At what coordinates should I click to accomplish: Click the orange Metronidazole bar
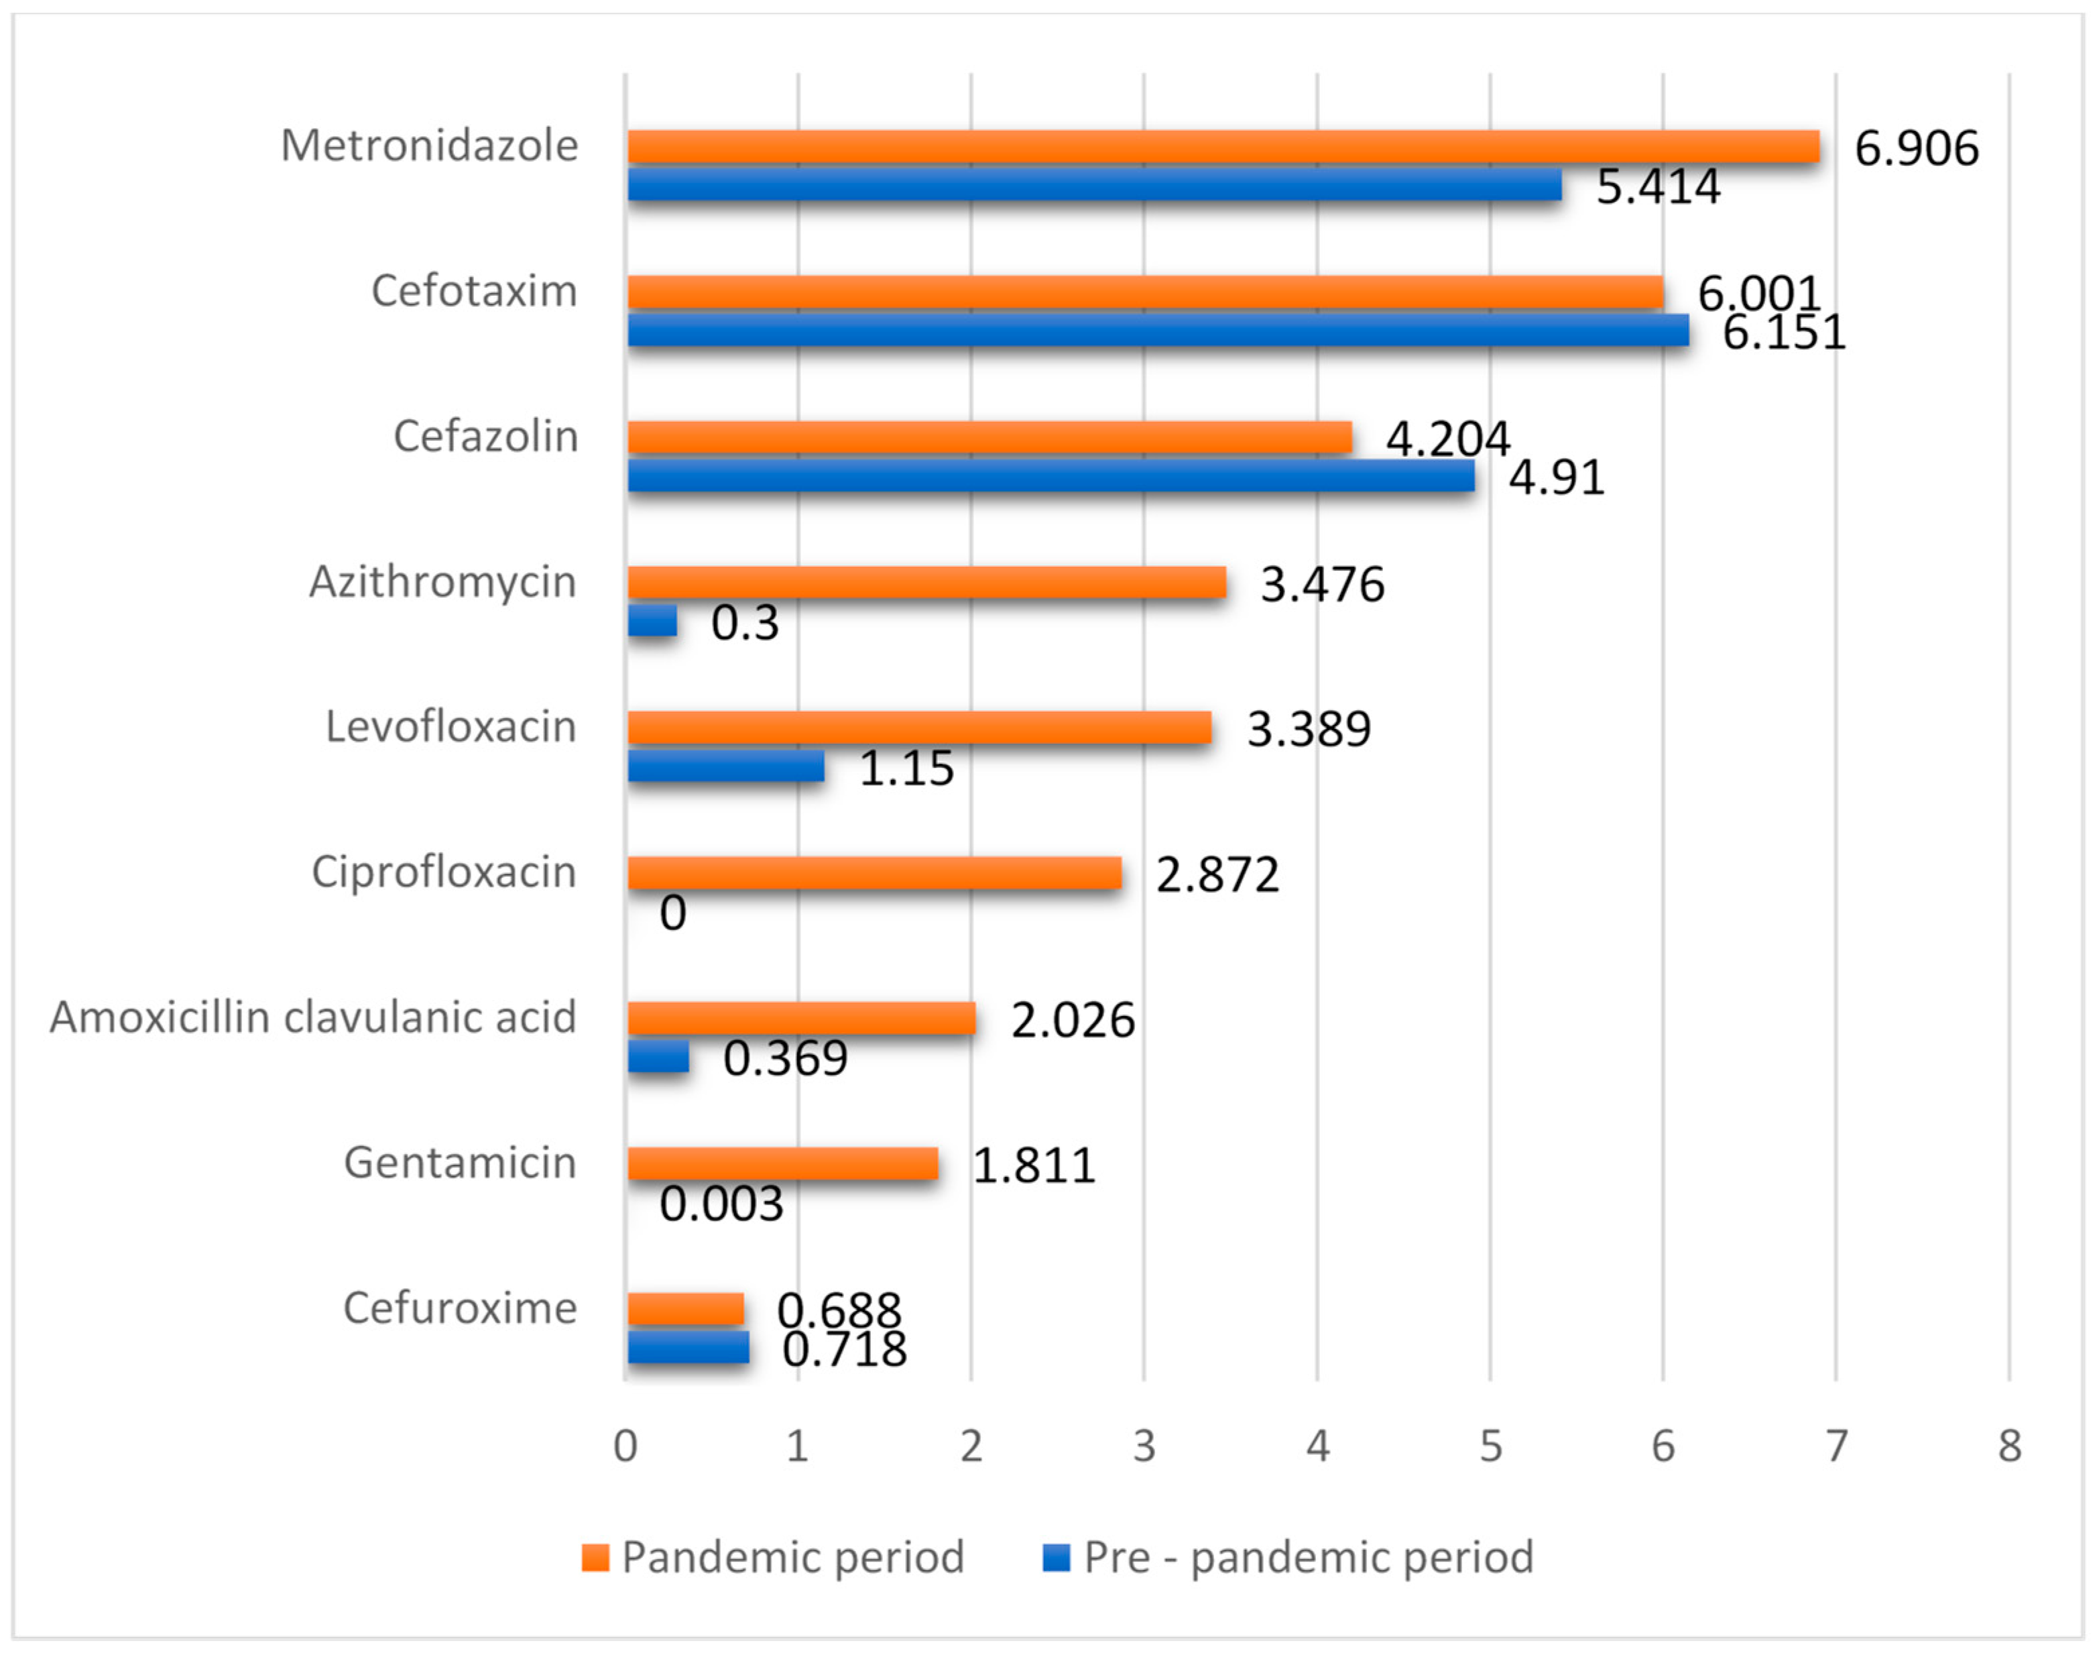(1222, 146)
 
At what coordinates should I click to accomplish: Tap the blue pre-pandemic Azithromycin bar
(652, 621)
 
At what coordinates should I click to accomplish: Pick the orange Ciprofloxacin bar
(874, 873)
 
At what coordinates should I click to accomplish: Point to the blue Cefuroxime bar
(688, 1347)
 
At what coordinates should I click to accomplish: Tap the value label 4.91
(1556, 477)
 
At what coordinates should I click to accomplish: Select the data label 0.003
(721, 1204)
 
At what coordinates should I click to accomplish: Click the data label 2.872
(1217, 875)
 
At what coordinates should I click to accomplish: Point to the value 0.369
(785, 1058)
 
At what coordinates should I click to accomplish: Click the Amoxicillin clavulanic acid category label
(313, 1018)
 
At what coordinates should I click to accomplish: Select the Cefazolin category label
(485, 437)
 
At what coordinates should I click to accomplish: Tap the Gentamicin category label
(460, 1162)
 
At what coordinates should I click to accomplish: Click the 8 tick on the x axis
(2008, 1446)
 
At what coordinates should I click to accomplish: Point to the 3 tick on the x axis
(1144, 1446)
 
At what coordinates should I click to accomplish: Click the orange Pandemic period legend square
(595, 1557)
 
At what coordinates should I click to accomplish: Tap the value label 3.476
(1321, 584)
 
